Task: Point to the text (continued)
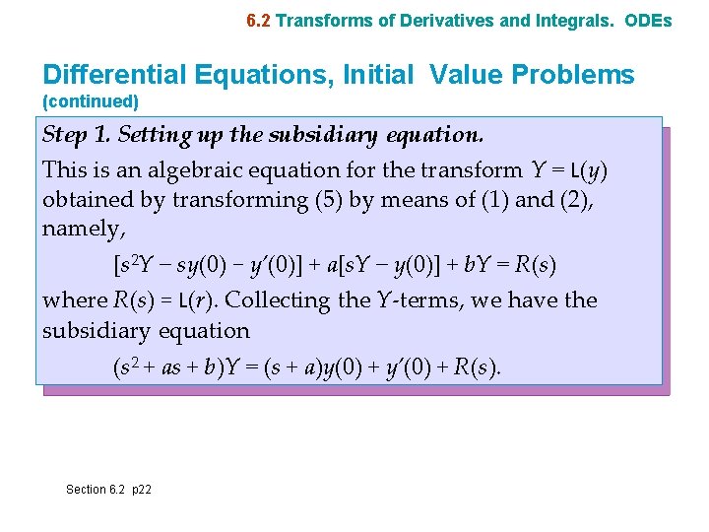(91, 101)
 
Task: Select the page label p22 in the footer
(140, 490)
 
